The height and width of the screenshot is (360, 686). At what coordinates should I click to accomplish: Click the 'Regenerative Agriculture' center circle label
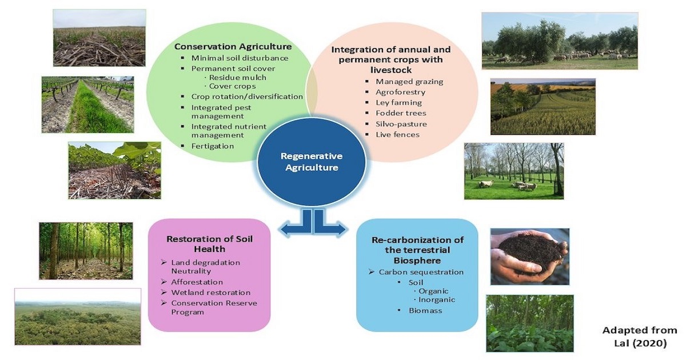click(x=312, y=162)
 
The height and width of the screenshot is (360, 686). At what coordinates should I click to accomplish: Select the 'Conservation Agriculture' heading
click(x=233, y=46)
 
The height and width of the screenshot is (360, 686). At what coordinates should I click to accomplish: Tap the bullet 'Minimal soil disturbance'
click(x=240, y=58)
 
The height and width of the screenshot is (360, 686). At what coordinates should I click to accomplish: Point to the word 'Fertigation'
click(x=213, y=146)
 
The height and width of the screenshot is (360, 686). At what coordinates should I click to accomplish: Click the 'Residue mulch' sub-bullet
click(x=238, y=78)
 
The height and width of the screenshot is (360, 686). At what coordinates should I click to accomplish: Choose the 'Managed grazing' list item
click(x=409, y=82)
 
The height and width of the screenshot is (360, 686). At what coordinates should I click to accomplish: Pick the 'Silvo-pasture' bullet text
click(x=401, y=124)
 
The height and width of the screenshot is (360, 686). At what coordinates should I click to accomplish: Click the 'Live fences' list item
click(x=397, y=134)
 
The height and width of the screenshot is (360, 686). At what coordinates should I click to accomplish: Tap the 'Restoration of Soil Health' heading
click(x=209, y=243)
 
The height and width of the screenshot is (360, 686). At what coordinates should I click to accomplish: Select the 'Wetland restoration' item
click(x=211, y=293)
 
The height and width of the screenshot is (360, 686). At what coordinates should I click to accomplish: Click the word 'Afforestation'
click(x=197, y=282)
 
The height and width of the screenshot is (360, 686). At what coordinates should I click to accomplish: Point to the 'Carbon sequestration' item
click(x=421, y=272)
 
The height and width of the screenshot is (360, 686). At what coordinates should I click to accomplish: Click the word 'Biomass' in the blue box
click(x=425, y=310)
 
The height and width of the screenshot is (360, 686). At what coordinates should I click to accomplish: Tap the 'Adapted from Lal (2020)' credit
click(x=640, y=337)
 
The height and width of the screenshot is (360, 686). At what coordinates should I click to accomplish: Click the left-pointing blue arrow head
click(x=285, y=230)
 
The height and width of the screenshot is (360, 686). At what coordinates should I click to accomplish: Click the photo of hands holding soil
click(x=530, y=257)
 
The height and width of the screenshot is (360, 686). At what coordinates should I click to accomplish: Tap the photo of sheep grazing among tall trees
click(x=514, y=171)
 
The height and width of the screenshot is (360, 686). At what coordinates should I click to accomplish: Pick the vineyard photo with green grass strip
click(x=87, y=105)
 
